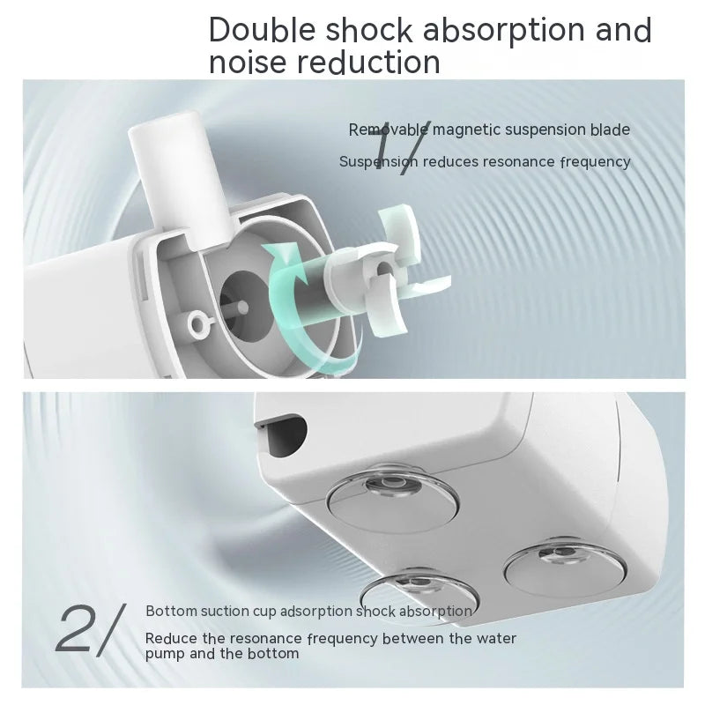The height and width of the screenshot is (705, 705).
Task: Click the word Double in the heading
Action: pos(262,30)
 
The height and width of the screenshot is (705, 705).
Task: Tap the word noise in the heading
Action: pos(248,62)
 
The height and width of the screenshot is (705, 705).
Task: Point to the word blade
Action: pos(610,130)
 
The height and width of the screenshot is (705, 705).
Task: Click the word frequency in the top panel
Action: pos(596,162)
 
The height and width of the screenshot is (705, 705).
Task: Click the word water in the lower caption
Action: pos(496,638)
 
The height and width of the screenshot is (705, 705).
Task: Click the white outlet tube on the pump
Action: pos(180,175)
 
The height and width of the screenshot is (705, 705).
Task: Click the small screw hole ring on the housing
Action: pos(199,323)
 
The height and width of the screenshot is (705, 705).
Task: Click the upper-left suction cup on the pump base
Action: pos(393,498)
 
